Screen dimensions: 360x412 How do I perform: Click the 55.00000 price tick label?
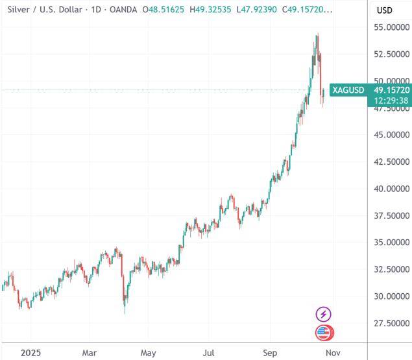(387, 27)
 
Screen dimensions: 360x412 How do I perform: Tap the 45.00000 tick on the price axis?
(387, 135)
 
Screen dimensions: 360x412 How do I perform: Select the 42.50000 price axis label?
(387, 162)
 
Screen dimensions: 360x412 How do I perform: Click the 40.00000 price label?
(387, 189)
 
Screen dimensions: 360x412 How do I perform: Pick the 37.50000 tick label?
(387, 215)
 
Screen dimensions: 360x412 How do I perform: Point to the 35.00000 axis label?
(387, 243)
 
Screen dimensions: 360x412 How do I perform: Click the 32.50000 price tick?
(387, 269)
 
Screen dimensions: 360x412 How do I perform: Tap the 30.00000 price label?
(387, 296)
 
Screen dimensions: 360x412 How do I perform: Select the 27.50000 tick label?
(387, 323)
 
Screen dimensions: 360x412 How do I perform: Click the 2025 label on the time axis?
(31, 353)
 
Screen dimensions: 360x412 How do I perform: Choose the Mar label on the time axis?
(90, 353)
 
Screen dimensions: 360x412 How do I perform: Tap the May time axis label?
(149, 353)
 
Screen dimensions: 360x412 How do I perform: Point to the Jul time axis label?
(208, 353)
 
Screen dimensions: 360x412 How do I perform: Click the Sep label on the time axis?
(270, 353)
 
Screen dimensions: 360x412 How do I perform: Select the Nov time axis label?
(332, 353)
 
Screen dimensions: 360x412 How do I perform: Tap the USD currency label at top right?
(384, 10)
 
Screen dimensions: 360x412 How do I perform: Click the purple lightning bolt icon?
(323, 315)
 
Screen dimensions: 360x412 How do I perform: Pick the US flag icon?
(323, 333)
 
